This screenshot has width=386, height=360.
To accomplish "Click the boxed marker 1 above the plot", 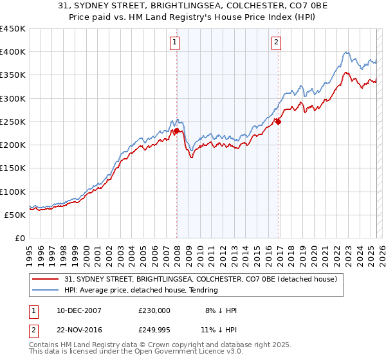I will (x=175, y=43).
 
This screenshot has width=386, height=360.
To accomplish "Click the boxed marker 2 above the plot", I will (x=276, y=43).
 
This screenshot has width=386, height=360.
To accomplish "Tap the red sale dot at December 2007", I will (x=176, y=131).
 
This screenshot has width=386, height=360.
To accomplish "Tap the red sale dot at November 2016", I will (x=278, y=122).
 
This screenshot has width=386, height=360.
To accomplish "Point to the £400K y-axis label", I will (x=13, y=52).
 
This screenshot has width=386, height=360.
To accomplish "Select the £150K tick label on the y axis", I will (x=13, y=168).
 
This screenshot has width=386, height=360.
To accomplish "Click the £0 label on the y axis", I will (x=19, y=239).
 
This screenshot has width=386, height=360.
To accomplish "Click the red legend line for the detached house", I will (x=46, y=279).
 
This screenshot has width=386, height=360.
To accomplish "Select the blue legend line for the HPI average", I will (x=46, y=290).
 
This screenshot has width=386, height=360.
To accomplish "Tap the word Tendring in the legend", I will (x=202, y=290).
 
